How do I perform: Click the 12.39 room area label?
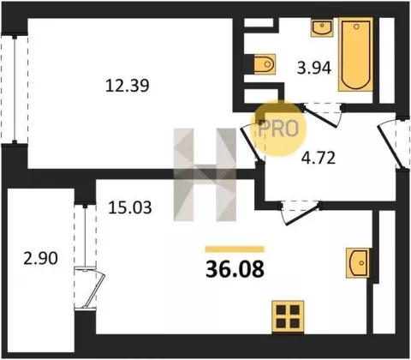pyautogui.click(x=128, y=86)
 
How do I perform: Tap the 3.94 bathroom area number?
pyautogui.click(x=314, y=69)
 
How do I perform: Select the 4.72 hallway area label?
pyautogui.click(x=319, y=158)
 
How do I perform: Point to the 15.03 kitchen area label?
pyautogui.click(x=130, y=207)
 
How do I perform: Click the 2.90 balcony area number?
pyautogui.click(x=40, y=258)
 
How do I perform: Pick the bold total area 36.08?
pyautogui.click(x=235, y=269)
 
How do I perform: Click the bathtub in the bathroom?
pyautogui.click(x=355, y=54)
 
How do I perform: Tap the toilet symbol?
pyautogui.click(x=265, y=64)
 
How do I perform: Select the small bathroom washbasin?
pyautogui.click(x=322, y=28)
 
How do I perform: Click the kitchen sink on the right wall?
pyautogui.click(x=358, y=263)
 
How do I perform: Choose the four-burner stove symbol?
pyautogui.click(x=288, y=316)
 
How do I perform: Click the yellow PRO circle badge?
pyautogui.click(x=278, y=129)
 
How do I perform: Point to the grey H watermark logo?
pyautogui.click(x=205, y=175)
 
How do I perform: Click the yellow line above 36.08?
pyautogui.click(x=235, y=249)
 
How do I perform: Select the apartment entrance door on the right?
pyautogui.click(x=389, y=146)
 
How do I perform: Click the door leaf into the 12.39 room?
pyautogui.click(x=250, y=144)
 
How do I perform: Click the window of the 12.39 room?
pyautogui.click(x=15, y=89)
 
